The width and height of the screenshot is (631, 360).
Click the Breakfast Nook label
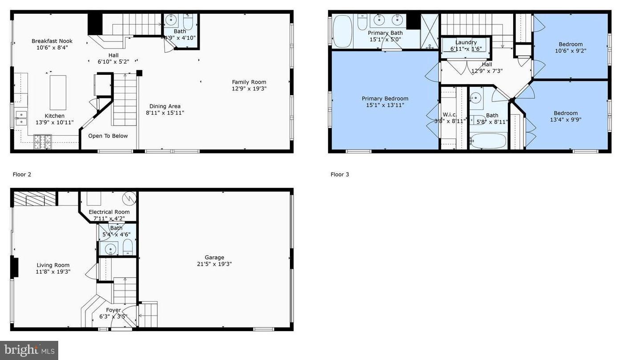(x=52, y=41)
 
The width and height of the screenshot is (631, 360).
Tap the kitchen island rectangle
(x=58, y=93)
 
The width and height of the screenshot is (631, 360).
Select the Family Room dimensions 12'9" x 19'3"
(x=249, y=89)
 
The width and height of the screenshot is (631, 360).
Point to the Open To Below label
(x=108, y=136)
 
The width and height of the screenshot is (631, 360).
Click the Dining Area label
(x=165, y=106)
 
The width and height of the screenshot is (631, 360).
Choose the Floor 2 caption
(x=22, y=174)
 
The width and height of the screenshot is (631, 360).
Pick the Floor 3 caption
(x=340, y=174)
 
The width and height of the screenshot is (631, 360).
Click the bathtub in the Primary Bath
(x=342, y=31)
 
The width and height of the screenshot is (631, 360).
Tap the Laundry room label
(x=466, y=43)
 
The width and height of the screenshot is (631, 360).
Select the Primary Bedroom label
(x=385, y=99)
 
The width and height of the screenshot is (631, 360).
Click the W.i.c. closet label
(x=450, y=115)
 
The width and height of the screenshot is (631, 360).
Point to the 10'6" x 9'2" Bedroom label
(x=571, y=44)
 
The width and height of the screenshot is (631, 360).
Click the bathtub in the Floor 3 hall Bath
(x=488, y=141)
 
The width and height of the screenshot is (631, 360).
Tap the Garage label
(x=214, y=257)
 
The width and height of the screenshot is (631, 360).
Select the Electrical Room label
(x=109, y=212)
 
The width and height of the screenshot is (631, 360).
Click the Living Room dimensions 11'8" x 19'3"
(x=53, y=272)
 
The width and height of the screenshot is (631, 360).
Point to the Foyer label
(x=113, y=310)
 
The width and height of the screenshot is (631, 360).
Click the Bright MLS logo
(x=29, y=350)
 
